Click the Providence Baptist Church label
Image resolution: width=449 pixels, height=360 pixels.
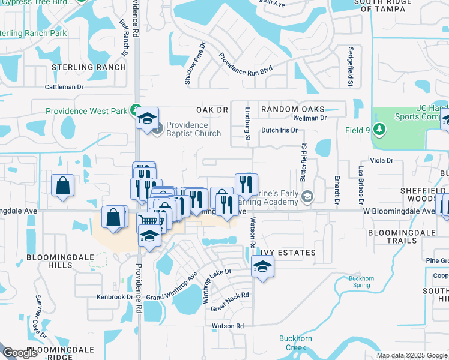coord(193,129)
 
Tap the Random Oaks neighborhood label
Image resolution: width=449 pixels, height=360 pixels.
coord(292,109)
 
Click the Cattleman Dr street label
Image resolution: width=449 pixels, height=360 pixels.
coord(68,87)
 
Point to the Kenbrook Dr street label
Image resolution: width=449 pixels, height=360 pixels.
coord(115,296)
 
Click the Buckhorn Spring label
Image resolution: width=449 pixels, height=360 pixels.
coord(360,281)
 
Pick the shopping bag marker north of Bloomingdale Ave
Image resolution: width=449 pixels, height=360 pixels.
coord(63,186)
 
